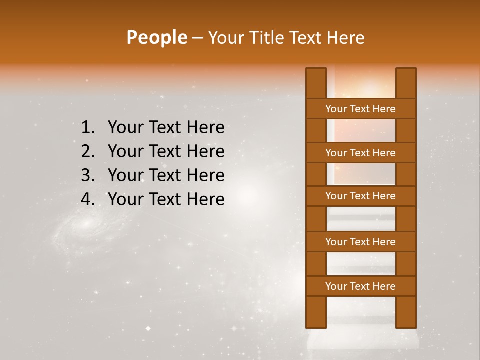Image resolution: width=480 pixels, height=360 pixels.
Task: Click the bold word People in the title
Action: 156,38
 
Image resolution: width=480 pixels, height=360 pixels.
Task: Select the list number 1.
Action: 87,128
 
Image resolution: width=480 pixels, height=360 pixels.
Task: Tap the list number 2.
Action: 87,151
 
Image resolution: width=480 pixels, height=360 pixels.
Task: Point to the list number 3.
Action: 87,175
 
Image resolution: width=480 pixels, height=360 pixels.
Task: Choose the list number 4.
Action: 87,199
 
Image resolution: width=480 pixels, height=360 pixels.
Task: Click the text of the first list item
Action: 166,128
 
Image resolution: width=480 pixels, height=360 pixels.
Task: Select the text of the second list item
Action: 166,151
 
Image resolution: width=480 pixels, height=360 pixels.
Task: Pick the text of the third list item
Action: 166,175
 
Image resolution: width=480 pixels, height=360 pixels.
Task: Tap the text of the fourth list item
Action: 166,199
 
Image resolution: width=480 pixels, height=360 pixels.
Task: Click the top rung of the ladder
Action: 360,109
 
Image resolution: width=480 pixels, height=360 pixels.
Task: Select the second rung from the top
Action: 360,153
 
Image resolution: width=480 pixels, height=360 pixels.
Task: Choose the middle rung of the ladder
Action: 360,196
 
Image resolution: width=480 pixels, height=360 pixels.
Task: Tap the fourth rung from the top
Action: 360,242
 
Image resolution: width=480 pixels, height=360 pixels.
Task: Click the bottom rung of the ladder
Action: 360,286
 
